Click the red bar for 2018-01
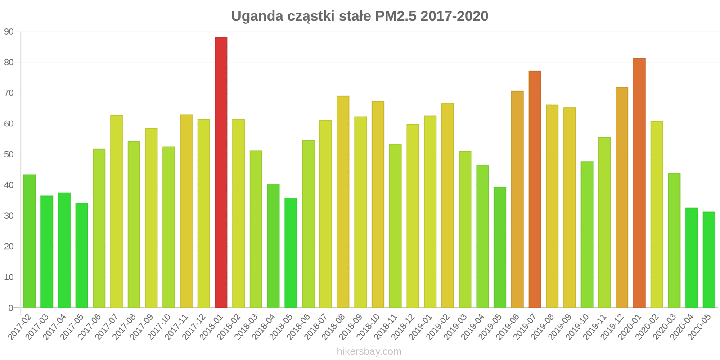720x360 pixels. click(x=221, y=172)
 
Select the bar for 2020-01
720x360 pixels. click(x=639, y=183)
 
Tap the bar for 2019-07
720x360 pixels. click(x=535, y=189)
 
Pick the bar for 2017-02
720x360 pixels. click(x=29, y=241)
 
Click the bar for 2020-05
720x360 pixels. click(x=709, y=260)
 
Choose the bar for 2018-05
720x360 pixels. click(x=291, y=252)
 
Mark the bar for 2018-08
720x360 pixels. click(x=343, y=202)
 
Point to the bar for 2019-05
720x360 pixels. click(x=500, y=247)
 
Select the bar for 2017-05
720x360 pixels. click(x=81, y=256)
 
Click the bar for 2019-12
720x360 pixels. click(x=622, y=198)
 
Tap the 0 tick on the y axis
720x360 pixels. click(x=11, y=308)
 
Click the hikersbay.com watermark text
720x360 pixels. click(x=369, y=351)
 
